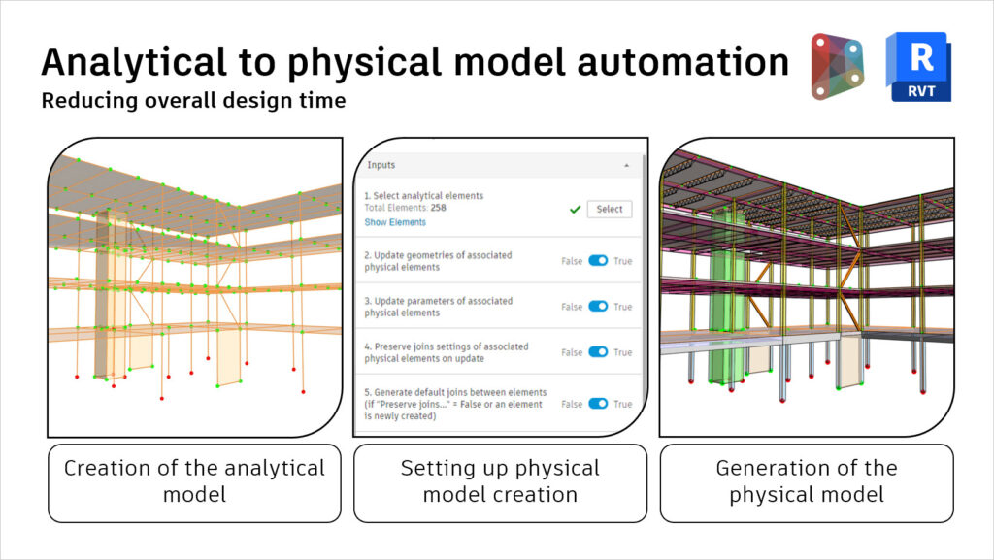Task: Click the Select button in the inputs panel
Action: (610, 209)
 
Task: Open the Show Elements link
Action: (394, 222)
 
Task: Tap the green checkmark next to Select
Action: (576, 209)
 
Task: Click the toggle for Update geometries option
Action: (598, 261)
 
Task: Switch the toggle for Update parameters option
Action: (598, 307)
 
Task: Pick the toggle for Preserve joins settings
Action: (598, 352)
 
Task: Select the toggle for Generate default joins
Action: (598, 404)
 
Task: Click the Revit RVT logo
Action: (917, 66)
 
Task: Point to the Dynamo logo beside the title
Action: (837, 66)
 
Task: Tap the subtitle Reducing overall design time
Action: (193, 100)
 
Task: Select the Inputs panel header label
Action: (381, 165)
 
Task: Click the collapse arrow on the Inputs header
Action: (626, 166)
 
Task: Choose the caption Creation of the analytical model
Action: (194, 481)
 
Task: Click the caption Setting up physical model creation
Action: (500, 481)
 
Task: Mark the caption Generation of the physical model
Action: (806, 481)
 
